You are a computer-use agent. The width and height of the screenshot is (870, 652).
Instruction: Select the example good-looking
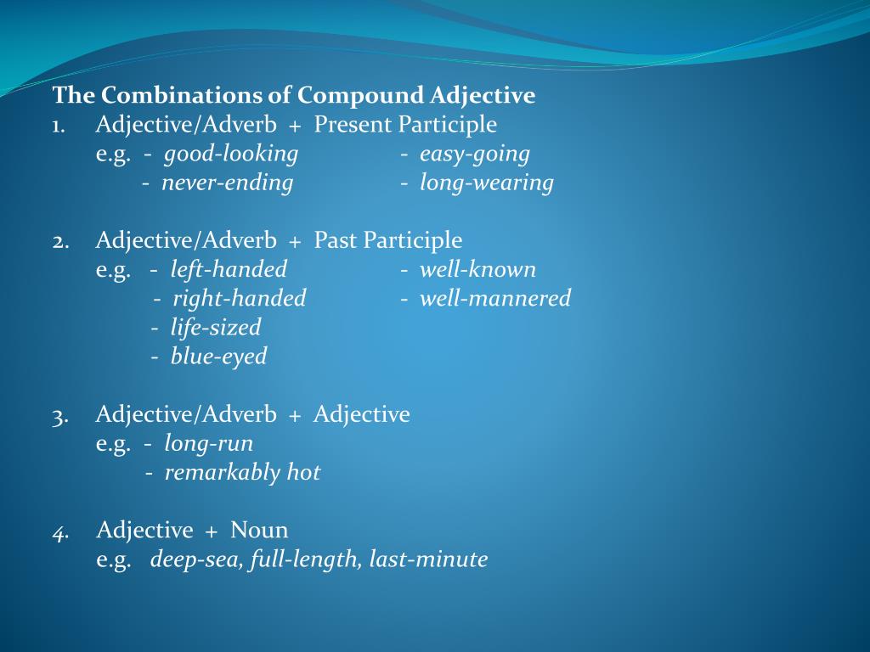231,155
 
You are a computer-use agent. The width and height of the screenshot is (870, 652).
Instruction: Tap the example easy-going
474,155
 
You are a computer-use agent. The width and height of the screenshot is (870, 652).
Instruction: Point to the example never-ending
227,183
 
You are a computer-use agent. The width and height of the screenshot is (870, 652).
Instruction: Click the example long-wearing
486,183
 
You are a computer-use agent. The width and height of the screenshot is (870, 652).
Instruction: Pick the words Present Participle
405,125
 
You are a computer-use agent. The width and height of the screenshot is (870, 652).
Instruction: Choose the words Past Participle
388,241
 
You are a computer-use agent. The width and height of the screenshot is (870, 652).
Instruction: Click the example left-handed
229,270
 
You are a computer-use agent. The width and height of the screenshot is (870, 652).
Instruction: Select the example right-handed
239,299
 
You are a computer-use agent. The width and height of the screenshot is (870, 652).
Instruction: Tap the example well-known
477,270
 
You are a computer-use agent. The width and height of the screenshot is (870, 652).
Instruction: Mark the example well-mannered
494,299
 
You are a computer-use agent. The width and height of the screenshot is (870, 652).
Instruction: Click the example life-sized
216,328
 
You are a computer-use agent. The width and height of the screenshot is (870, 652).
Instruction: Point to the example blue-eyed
218,357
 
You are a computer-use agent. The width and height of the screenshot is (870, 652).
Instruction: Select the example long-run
208,444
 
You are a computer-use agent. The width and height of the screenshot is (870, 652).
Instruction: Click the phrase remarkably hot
242,473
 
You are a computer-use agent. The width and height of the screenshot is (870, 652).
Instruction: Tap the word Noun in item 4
259,531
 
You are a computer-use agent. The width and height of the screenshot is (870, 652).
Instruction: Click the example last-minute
428,560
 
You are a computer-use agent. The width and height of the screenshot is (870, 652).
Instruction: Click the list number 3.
59,415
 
